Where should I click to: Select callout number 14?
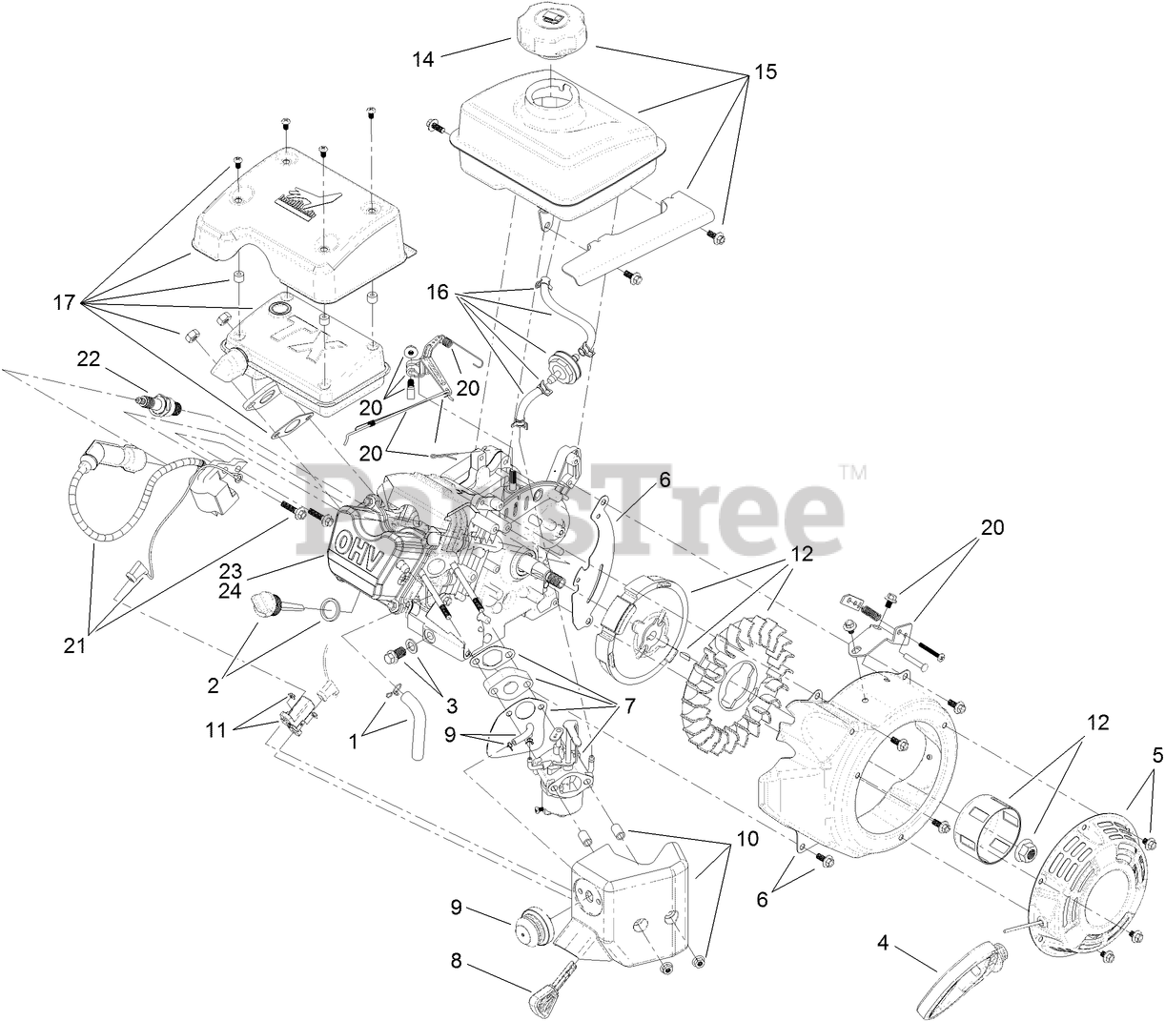point(423,59)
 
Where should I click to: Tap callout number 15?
point(766,71)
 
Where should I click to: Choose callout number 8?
point(456,962)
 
